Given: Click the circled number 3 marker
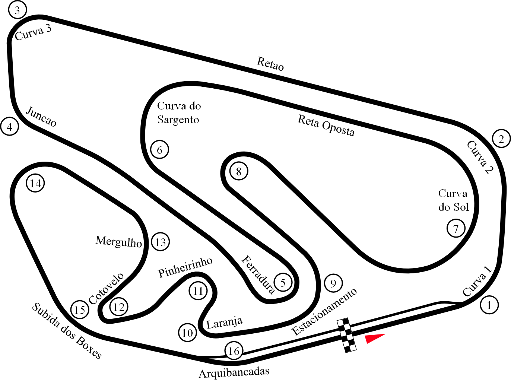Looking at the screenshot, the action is (x=17, y=10).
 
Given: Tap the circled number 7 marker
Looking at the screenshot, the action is (x=456, y=228).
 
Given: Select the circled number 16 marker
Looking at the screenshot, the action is (x=234, y=351).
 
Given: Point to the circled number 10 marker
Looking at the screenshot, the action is (x=187, y=333).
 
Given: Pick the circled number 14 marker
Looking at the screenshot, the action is (x=35, y=183).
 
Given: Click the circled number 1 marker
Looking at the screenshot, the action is (x=489, y=305).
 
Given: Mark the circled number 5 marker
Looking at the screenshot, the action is (x=283, y=283).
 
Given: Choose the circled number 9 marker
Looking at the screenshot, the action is (x=333, y=283).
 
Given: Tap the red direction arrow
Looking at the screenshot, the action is (x=374, y=338).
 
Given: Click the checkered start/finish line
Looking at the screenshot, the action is (x=347, y=335).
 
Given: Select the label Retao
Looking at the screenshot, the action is (x=270, y=64).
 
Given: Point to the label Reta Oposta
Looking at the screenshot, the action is (x=326, y=126).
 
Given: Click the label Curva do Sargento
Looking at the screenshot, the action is (x=179, y=112).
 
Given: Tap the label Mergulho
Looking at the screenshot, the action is (x=118, y=241).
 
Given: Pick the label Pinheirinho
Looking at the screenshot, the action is (x=185, y=267).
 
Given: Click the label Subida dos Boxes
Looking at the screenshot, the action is (x=66, y=331).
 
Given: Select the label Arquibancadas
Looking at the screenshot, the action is (x=234, y=372).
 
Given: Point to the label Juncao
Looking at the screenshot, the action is (x=41, y=116).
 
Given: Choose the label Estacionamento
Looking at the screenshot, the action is (x=324, y=312).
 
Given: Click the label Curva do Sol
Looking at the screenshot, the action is (x=453, y=200).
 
